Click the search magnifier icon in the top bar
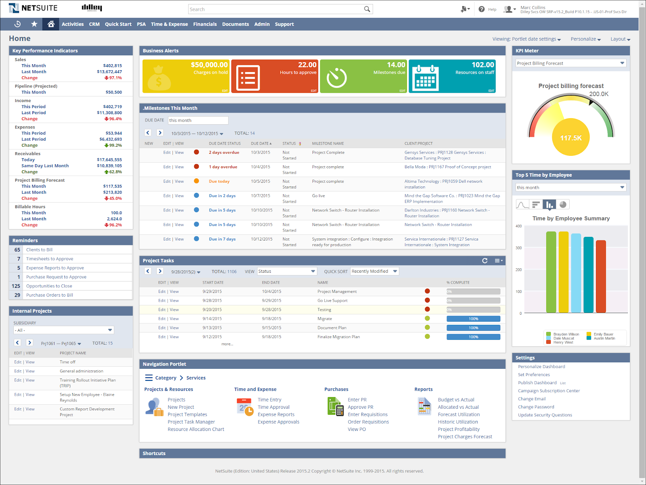367,9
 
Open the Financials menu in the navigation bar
205,24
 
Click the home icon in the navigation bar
51,24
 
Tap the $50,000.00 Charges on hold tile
186,76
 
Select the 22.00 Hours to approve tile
275,76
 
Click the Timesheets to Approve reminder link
50,259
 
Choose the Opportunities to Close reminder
49,286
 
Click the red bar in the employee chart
601,276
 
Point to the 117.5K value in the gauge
571,138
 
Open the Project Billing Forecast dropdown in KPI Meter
571,63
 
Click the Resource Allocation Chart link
196,429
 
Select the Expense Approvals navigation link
279,422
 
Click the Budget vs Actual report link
456,400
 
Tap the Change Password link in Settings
536,407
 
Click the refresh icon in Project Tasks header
485,261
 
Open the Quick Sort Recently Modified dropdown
374,272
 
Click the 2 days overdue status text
224,153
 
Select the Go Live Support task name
332,301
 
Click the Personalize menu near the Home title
585,39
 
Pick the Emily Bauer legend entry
603,334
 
